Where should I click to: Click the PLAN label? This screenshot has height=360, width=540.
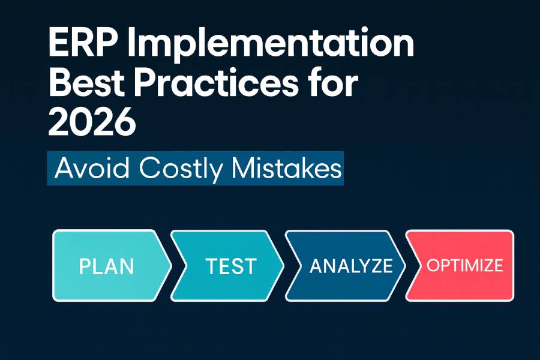tap(106, 266)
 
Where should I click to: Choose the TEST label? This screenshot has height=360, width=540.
tap(230, 266)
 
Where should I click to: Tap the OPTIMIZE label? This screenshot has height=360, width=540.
tap(464, 266)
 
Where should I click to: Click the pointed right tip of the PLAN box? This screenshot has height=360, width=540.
tap(171, 266)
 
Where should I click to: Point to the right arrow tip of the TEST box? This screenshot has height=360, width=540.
tap(284, 266)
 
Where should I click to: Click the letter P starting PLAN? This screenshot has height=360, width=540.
tap(84, 266)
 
